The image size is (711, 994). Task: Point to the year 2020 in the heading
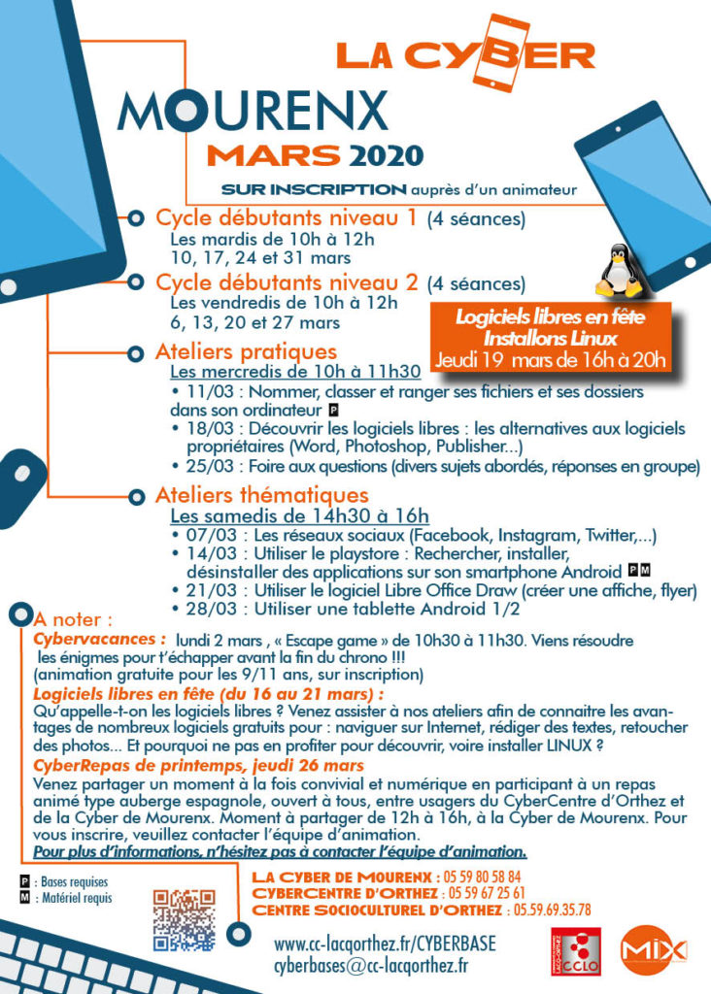(x=387, y=155)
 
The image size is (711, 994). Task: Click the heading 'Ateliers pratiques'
(x=246, y=351)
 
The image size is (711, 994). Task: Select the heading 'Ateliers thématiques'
(x=262, y=496)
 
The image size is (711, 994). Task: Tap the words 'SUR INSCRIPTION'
(x=313, y=189)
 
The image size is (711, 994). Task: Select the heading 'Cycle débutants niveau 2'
(x=287, y=283)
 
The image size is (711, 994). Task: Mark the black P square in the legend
(x=24, y=882)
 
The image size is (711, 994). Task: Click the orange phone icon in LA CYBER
(x=507, y=52)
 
